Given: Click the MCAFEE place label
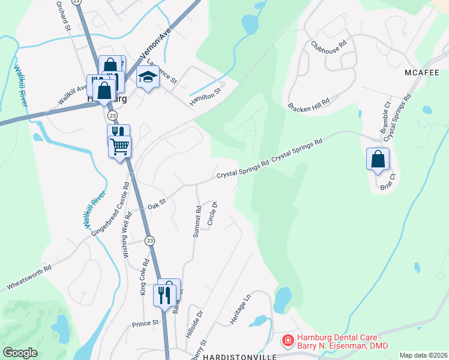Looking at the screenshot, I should tap(419, 72).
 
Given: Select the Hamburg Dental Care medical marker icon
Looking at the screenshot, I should tap(288, 341).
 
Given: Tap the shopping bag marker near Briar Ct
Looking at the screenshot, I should tap(378, 160).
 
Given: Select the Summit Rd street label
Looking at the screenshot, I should tap(196, 222).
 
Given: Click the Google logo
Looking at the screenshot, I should tap(20, 352).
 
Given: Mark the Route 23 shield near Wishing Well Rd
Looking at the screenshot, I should tap(150, 240).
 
